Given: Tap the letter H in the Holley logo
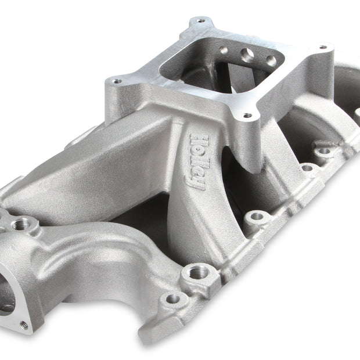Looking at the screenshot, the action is click(x=200, y=141).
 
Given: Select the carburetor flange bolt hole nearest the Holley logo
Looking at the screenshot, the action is click(x=247, y=115).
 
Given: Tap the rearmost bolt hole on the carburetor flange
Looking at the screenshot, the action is click(x=201, y=21).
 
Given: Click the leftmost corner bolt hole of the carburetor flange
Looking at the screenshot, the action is click(x=117, y=81).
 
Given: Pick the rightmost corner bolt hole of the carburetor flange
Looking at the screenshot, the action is click(x=323, y=47).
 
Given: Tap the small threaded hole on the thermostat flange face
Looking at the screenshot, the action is click(x=24, y=325).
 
